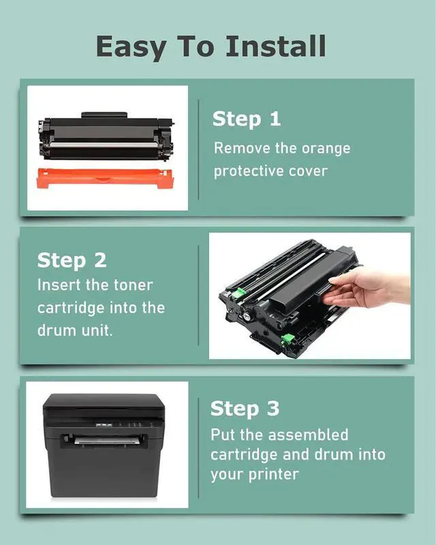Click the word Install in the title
pos(276,46)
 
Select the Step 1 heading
pos(247,119)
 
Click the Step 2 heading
pos(72,260)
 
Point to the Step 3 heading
pos(245,408)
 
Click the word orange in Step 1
pos(326,149)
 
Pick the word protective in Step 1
pos(248,172)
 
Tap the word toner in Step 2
pos(133,285)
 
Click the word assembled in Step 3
pos(308,435)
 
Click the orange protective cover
pos(105,178)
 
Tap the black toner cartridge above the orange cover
pos(106,137)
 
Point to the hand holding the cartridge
pos(367,288)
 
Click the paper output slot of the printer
pos(104,441)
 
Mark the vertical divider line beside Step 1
pos(198,150)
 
